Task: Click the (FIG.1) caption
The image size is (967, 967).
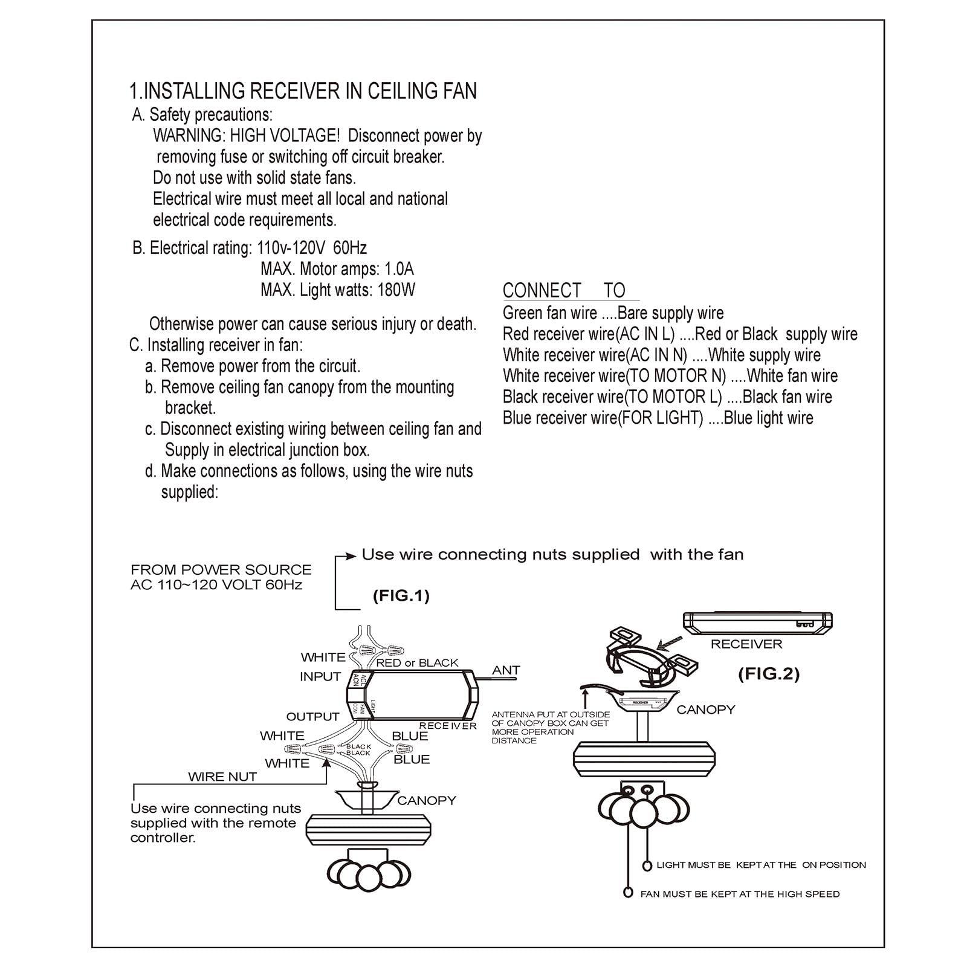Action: (x=401, y=596)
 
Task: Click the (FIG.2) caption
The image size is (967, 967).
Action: (x=769, y=674)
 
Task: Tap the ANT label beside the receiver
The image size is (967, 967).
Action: (x=506, y=670)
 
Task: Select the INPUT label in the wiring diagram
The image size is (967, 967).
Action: (x=320, y=677)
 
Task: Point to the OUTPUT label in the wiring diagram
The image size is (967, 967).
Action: (x=312, y=717)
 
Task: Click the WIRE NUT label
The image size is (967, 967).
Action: (x=222, y=777)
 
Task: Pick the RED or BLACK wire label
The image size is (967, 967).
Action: (x=417, y=663)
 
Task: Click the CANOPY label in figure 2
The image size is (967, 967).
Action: (x=705, y=710)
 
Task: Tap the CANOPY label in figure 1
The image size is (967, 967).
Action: (x=427, y=801)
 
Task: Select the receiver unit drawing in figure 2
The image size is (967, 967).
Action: (x=757, y=623)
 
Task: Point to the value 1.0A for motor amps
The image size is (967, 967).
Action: (x=399, y=269)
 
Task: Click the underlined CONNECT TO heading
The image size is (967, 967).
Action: (x=564, y=291)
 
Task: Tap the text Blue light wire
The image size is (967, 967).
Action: (x=768, y=418)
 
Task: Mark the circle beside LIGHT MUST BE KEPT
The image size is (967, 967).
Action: (x=647, y=865)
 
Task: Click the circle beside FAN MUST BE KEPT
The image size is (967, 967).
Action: (x=629, y=893)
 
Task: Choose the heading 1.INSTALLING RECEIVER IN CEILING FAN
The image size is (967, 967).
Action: (x=303, y=91)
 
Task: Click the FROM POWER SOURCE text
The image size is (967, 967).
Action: (x=221, y=570)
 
